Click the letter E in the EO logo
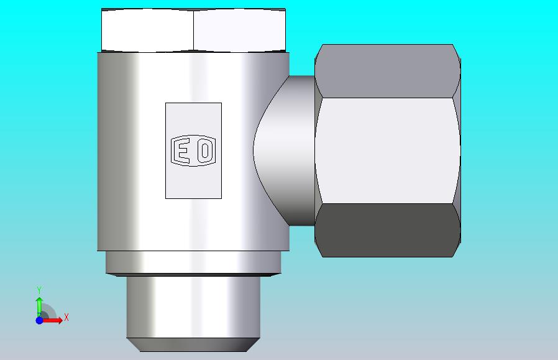183,150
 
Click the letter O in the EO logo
205,150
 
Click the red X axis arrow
52,320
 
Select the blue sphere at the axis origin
40,320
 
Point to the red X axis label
66,317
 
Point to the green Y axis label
39,290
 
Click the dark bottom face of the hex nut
387,230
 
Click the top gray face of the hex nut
387,71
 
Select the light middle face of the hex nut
387,150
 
